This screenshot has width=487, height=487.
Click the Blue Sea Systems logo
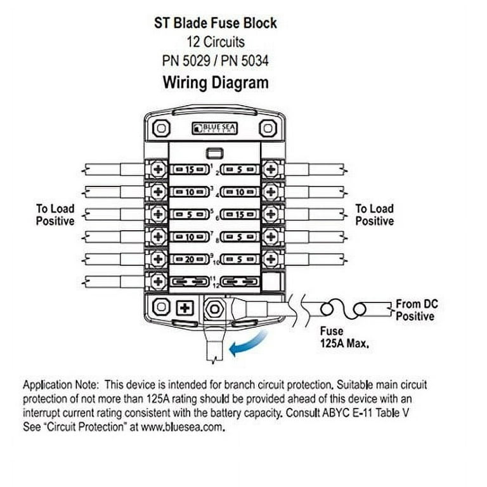214,128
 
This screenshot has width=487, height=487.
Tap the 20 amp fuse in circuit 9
190,259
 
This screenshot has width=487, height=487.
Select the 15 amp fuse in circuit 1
190,169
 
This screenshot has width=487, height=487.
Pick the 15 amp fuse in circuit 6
240,214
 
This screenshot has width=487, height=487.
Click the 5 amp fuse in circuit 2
240,169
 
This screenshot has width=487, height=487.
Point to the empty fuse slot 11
190,282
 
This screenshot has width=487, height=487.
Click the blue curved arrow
247,344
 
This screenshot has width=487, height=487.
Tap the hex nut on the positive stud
214,309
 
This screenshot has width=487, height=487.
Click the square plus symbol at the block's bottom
185,308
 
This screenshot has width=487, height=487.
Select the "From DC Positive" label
417,310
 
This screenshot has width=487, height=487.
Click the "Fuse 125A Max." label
345,337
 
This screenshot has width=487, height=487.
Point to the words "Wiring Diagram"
216,82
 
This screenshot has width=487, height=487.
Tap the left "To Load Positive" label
55,214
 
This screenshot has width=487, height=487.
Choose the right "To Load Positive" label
375,214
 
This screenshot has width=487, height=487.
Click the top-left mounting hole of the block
162,128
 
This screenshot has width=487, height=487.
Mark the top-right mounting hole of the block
268,128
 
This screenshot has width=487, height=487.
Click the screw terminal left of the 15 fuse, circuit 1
158,169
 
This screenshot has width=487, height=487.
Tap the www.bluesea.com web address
183,427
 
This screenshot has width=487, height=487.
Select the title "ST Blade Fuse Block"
216,23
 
